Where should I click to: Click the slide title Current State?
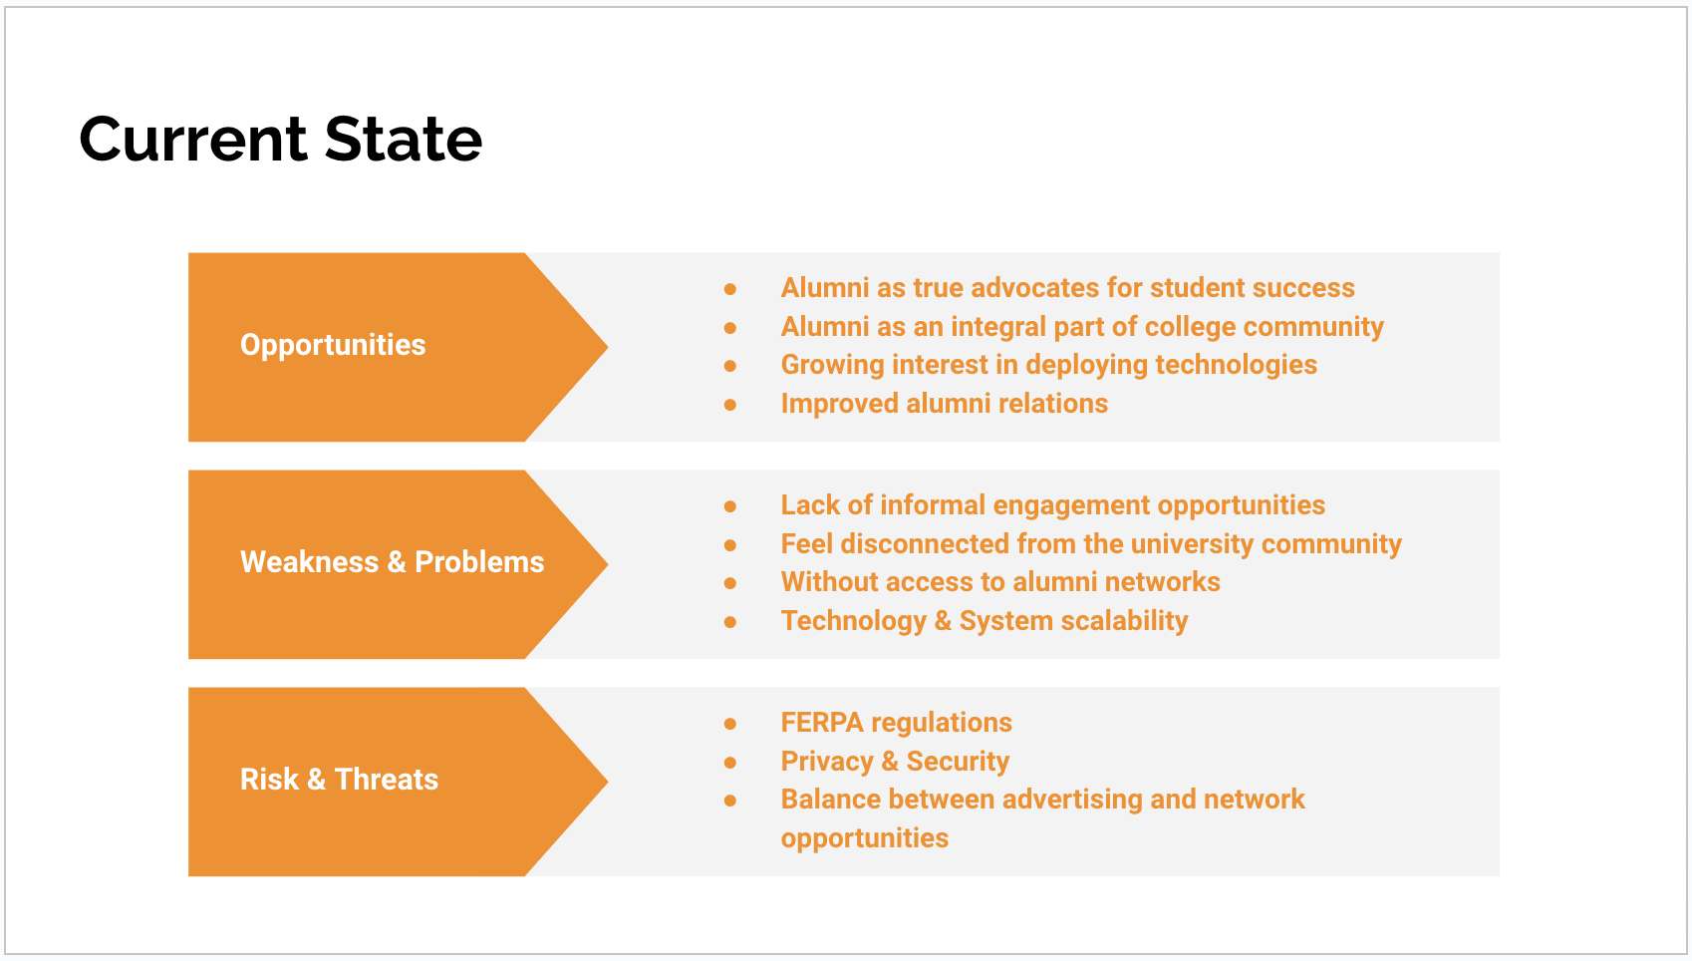click(x=280, y=139)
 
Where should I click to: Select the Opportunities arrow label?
click(x=333, y=345)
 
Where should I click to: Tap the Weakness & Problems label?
click(x=392, y=562)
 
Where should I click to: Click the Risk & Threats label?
click(x=339, y=780)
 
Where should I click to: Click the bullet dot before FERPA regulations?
click(x=730, y=724)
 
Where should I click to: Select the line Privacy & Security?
click(x=895, y=762)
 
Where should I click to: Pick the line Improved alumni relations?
click(x=944, y=404)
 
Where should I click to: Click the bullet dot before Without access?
click(x=730, y=583)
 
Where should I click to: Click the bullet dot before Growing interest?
click(x=730, y=366)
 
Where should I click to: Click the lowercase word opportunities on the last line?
click(x=864, y=838)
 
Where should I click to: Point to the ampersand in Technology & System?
click(x=943, y=621)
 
